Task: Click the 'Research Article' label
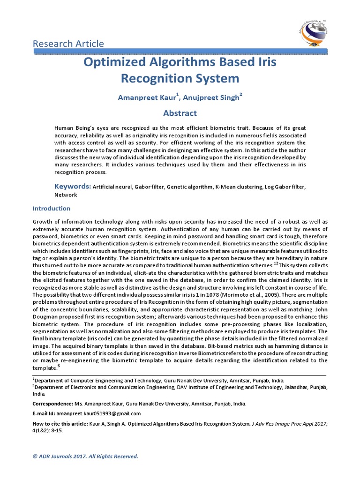tap(68, 44)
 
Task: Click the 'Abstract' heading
tap(180, 113)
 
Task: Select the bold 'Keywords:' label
tap(72, 187)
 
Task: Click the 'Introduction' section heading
tap(51, 208)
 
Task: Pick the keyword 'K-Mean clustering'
tap(239, 187)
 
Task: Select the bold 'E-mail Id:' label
tap(44, 413)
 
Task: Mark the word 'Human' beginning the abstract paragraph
tap(64, 128)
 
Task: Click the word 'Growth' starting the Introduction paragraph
tap(43, 222)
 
